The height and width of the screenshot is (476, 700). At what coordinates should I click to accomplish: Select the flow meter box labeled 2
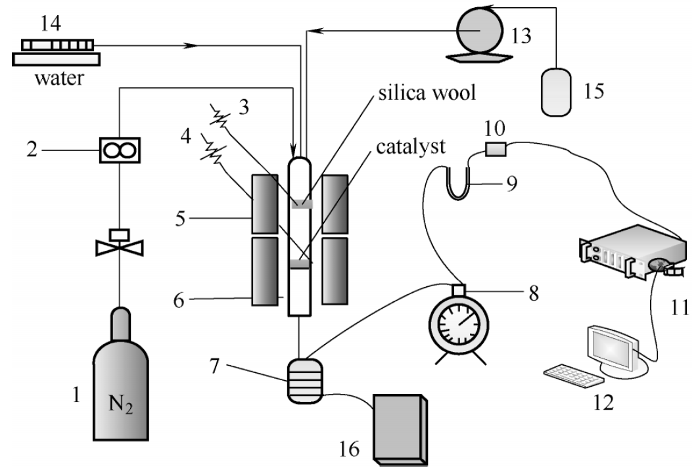tap(119, 150)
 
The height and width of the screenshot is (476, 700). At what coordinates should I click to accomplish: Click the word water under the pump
tap(59, 79)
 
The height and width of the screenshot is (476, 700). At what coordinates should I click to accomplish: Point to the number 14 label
tap(51, 23)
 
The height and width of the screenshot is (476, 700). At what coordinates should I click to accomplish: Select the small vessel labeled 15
tap(556, 93)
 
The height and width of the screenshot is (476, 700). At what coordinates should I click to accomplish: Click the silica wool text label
tap(427, 93)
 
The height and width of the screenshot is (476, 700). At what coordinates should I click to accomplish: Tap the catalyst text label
tap(411, 146)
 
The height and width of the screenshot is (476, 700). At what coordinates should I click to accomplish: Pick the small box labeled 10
tap(496, 149)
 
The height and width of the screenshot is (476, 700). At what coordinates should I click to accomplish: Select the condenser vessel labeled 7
tap(304, 381)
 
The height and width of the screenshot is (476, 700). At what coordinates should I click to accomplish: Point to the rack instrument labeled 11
tap(633, 252)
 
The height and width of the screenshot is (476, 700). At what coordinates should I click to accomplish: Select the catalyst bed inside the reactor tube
tap(300, 265)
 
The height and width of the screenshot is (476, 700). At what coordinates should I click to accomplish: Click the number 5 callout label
tap(180, 219)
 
